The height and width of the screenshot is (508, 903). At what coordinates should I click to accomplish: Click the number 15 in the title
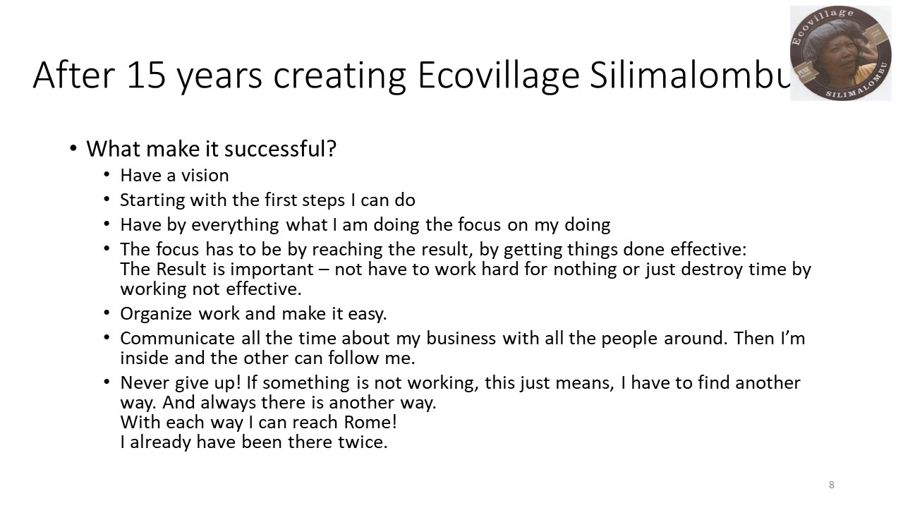(x=146, y=75)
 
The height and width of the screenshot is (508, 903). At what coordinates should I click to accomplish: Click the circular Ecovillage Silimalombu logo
(x=840, y=53)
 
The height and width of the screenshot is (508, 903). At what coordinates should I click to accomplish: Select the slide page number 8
(x=832, y=485)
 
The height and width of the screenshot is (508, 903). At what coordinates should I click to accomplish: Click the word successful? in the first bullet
(x=280, y=149)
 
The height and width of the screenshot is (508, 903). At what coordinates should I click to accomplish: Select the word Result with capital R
(x=181, y=269)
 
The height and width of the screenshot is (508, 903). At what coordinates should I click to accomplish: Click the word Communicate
(x=177, y=338)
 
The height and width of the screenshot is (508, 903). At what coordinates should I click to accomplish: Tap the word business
(x=461, y=338)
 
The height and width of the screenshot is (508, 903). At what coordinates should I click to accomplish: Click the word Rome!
(x=370, y=422)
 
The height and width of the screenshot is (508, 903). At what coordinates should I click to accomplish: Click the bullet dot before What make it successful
(x=73, y=148)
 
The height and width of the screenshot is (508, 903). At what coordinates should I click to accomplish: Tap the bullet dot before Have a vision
(x=107, y=174)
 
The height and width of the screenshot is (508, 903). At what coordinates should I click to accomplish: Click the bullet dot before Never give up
(x=107, y=382)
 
